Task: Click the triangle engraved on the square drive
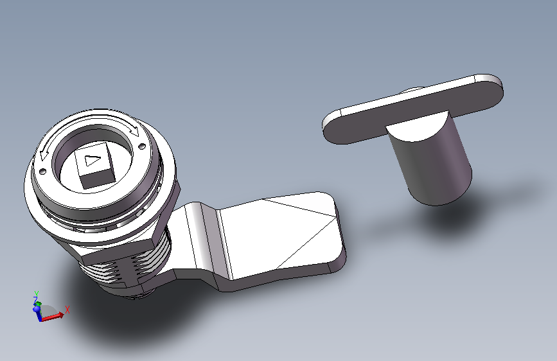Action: click(93, 160)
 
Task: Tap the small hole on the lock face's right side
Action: click(141, 146)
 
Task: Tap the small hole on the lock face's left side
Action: click(42, 172)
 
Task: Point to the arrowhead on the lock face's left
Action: click(44, 155)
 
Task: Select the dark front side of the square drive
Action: click(97, 179)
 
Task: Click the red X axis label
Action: click(67, 310)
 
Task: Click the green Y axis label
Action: click(36, 294)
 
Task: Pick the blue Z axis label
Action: click(35, 301)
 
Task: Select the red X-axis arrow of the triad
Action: click(52, 317)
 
